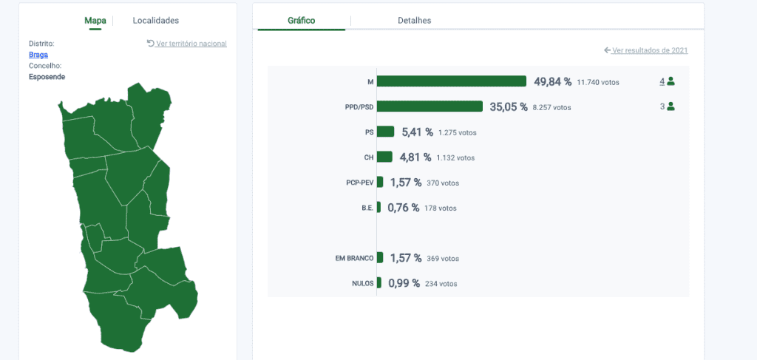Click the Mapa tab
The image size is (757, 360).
(95, 20)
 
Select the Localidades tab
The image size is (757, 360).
(156, 20)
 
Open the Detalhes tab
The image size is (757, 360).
(414, 20)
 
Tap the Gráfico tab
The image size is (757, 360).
(302, 20)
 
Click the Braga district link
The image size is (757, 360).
(38, 55)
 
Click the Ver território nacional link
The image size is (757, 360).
(187, 44)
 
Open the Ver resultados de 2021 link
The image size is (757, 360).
(646, 50)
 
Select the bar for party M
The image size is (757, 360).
(452, 81)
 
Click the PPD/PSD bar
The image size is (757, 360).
(430, 106)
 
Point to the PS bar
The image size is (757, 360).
(385, 132)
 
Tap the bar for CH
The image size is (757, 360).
(384, 157)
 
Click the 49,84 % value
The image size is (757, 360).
(553, 81)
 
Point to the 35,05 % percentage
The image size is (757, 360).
(509, 106)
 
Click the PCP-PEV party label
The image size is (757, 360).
(360, 183)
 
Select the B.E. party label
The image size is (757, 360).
(367, 208)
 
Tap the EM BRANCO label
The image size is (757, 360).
(354, 258)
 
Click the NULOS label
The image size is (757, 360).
(362, 283)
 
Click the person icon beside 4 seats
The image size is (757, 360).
(671, 81)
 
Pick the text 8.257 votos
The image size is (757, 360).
(551, 108)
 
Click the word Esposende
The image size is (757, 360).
(47, 77)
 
